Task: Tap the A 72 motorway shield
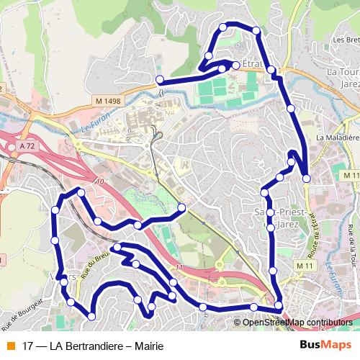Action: (x=27, y=146)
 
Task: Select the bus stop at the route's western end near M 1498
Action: (x=159, y=80)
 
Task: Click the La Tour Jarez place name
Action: (x=343, y=78)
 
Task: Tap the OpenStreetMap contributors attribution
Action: (x=297, y=322)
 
